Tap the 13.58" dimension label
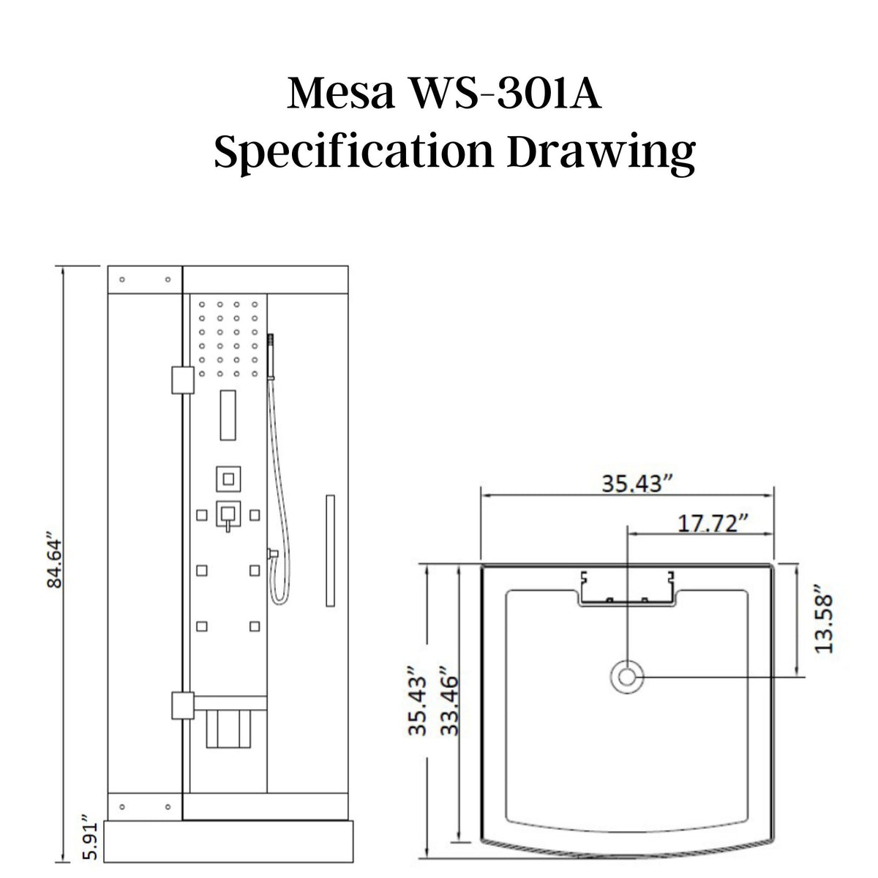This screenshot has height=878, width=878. (x=825, y=618)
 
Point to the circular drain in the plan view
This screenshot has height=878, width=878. (x=627, y=677)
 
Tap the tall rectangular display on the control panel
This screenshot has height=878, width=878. (x=228, y=415)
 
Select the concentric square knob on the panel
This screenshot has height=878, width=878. (x=228, y=480)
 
